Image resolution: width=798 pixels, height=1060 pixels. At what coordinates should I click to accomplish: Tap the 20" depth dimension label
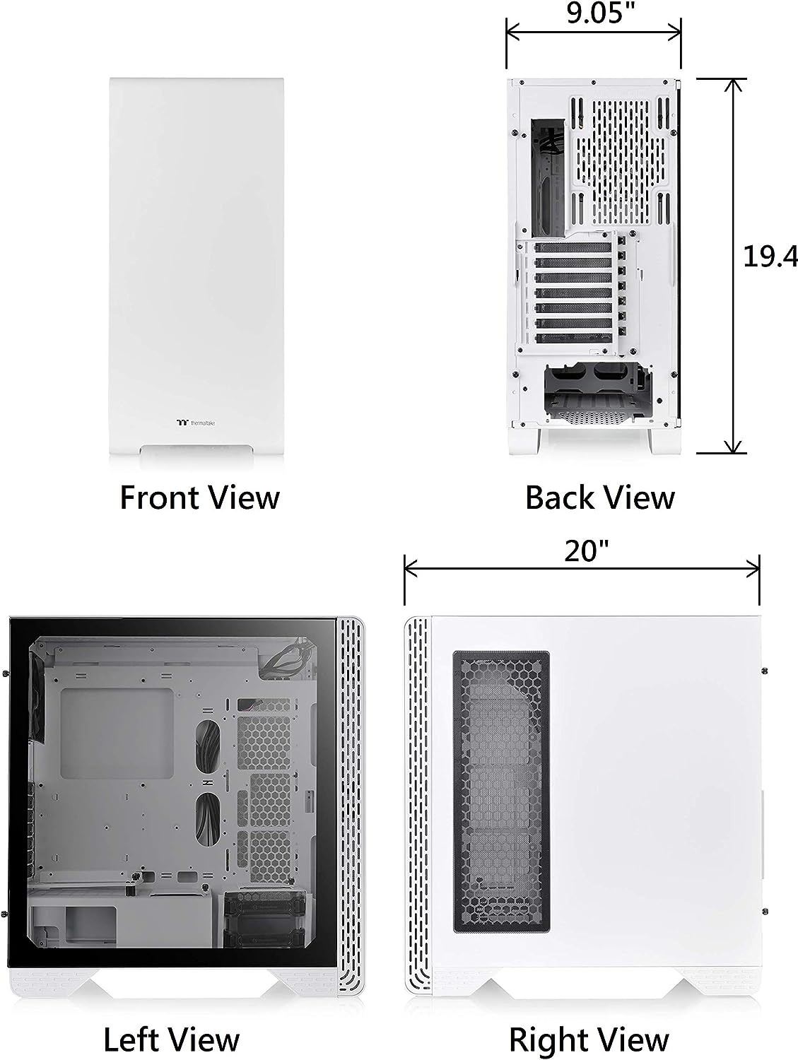pyautogui.click(x=587, y=551)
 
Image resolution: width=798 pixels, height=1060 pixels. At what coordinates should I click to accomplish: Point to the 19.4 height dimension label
pyautogui.click(x=770, y=257)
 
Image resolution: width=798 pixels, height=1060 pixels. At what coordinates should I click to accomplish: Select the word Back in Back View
pyautogui.click(x=561, y=498)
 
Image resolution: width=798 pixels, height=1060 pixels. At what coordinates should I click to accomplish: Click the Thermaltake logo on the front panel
pyautogui.click(x=196, y=423)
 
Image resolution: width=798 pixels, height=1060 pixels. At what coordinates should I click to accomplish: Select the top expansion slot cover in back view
pyautogui.click(x=572, y=248)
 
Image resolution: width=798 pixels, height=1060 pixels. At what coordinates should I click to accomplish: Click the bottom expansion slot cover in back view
pyautogui.click(x=572, y=338)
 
